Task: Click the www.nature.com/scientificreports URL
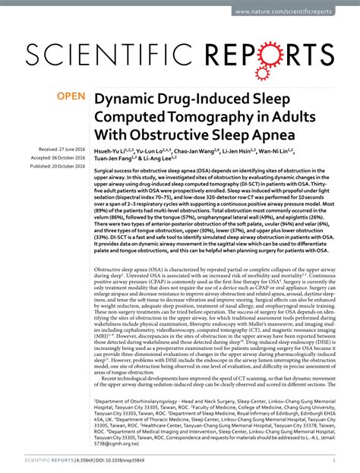pos(294,12)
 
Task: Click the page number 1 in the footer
pos(335,460)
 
